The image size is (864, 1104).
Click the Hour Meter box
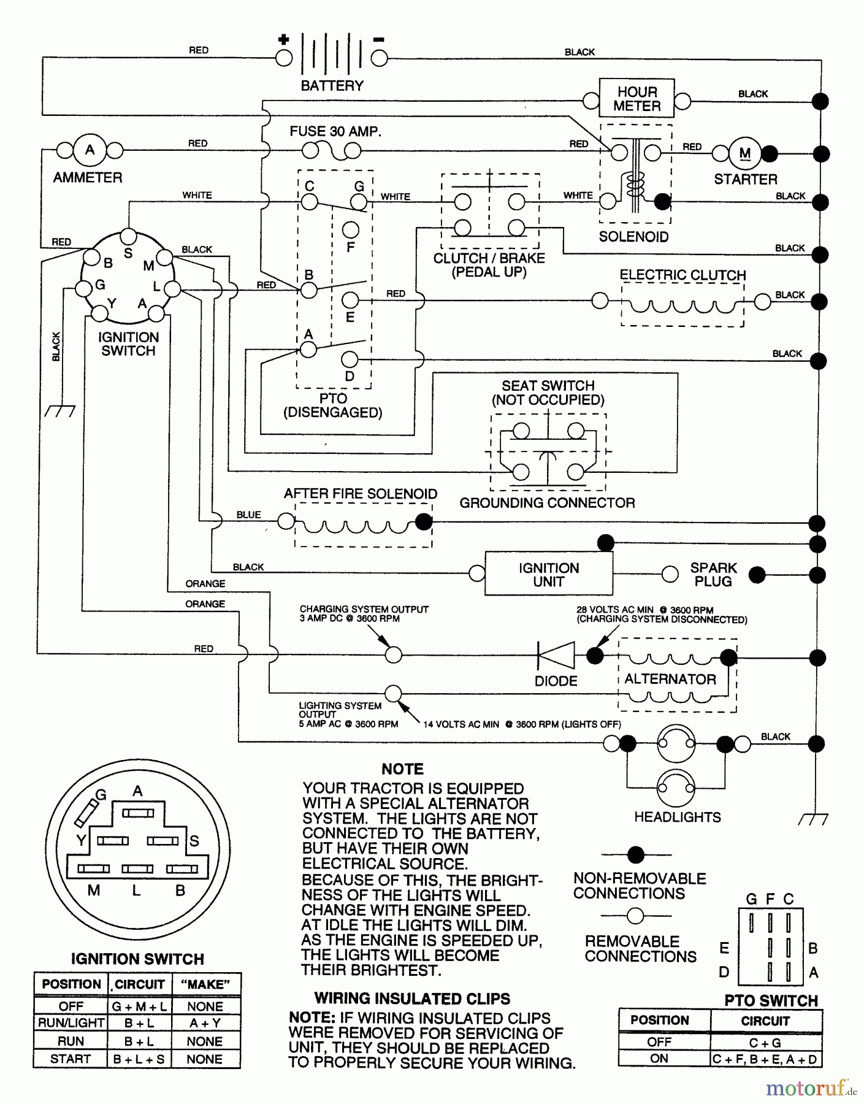(x=637, y=99)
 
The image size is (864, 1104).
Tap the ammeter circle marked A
(x=90, y=150)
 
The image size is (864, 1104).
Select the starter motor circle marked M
(x=744, y=153)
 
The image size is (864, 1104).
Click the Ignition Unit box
(x=548, y=575)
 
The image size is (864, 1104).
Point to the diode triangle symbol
(x=556, y=655)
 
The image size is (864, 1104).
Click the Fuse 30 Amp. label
(x=335, y=131)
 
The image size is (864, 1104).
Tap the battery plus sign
(x=283, y=40)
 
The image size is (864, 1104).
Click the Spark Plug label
(x=713, y=575)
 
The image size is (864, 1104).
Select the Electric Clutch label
(x=682, y=275)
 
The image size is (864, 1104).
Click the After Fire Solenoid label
(x=361, y=494)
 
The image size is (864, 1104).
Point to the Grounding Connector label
(x=547, y=503)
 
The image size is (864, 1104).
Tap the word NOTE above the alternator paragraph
(x=402, y=769)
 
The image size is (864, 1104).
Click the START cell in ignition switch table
(x=71, y=1059)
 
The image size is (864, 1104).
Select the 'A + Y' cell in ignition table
(x=205, y=1023)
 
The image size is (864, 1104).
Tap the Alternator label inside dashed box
(x=670, y=679)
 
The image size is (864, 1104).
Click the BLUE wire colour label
(x=248, y=515)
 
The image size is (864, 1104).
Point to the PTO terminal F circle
(x=351, y=230)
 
